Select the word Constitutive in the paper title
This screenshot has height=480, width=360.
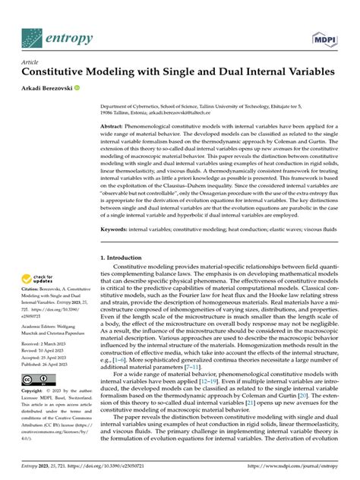click(59, 73)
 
